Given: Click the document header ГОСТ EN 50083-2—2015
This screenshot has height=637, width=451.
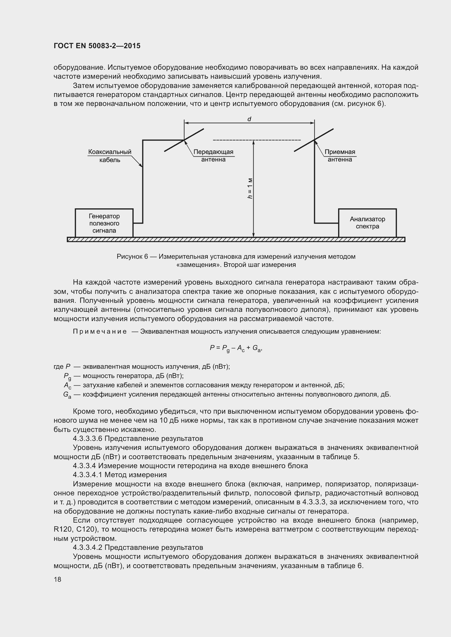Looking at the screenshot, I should click(x=97, y=46).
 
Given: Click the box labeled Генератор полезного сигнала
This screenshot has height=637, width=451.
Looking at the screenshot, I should click(x=104, y=223).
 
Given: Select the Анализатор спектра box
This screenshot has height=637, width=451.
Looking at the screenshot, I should click(x=367, y=223).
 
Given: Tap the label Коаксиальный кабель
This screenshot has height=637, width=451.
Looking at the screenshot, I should click(x=110, y=156).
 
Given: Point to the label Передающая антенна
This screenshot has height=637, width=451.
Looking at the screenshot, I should click(x=213, y=156).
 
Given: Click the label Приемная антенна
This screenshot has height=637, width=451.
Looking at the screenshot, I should click(x=340, y=156).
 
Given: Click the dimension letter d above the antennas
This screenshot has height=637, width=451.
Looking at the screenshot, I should click(x=249, y=119).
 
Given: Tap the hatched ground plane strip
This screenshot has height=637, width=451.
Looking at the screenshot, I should click(x=236, y=239).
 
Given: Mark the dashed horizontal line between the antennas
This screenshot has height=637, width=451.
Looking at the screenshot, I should click(x=257, y=140).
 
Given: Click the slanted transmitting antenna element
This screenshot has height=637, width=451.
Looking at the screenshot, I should click(x=184, y=140).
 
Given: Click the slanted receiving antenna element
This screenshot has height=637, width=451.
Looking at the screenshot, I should click(x=314, y=140).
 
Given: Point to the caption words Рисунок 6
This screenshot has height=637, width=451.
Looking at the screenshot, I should click(x=132, y=257).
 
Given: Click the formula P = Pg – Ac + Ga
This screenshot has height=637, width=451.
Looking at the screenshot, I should click(x=236, y=348).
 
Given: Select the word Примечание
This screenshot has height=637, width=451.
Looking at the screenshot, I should click(x=100, y=331).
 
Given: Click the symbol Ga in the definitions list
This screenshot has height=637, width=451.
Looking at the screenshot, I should click(x=67, y=395).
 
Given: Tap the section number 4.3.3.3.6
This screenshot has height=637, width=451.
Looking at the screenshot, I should click(x=88, y=439).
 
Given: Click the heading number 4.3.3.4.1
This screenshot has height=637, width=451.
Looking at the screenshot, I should click(x=88, y=475).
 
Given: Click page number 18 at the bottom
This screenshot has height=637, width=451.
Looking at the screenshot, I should click(x=58, y=580).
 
